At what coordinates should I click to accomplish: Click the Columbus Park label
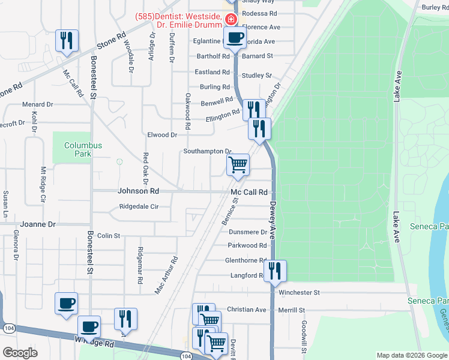point(83,149)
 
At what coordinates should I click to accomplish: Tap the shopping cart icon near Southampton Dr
point(238,164)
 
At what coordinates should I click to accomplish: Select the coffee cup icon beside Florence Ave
point(235,37)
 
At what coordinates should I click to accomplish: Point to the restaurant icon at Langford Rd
point(275,271)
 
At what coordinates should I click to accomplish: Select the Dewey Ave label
point(273,220)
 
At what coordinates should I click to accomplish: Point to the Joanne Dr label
point(38,224)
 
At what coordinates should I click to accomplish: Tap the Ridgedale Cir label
point(139,206)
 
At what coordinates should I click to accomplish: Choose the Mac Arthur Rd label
point(166,275)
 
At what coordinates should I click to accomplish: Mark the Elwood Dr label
point(162,135)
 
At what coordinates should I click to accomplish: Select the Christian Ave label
point(251,310)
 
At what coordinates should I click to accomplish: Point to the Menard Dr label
point(38,104)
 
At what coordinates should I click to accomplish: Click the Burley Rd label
point(435,7)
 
